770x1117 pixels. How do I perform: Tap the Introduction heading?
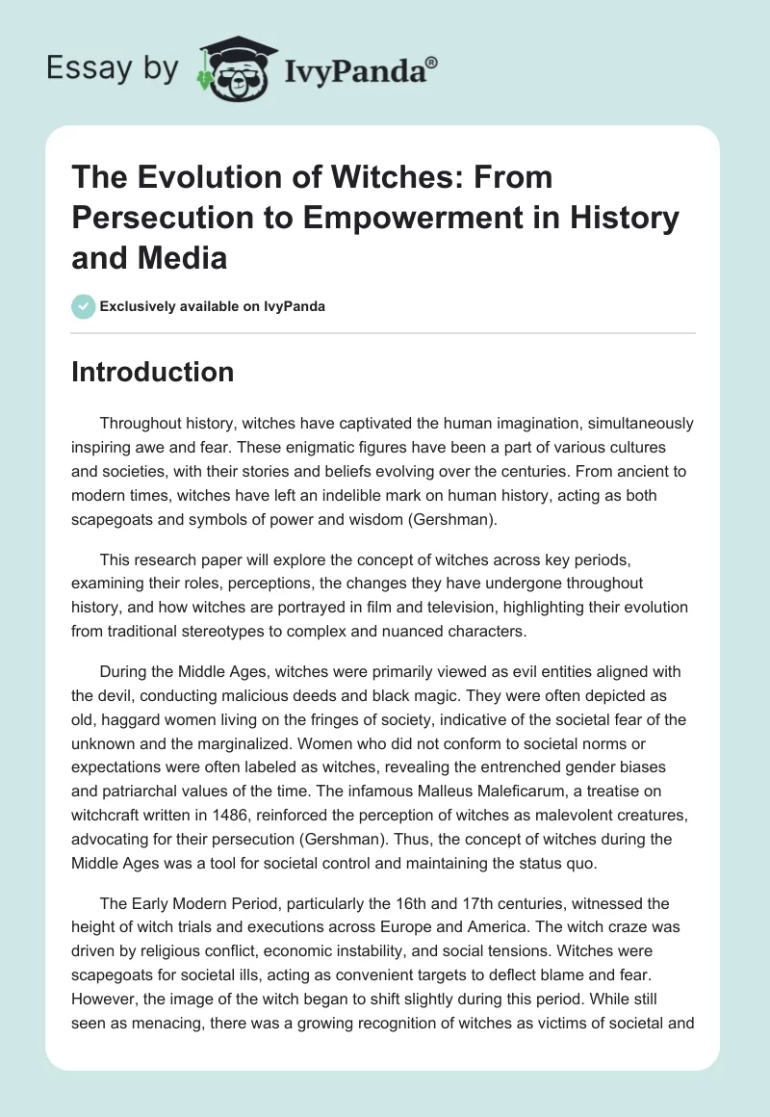click(152, 373)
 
